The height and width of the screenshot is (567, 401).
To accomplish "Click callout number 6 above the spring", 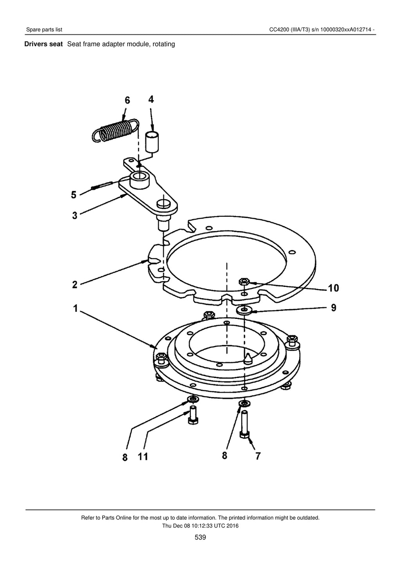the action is [127, 100].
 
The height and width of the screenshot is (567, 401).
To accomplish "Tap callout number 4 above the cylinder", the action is [151, 99].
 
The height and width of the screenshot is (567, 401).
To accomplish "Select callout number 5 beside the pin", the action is [74, 194].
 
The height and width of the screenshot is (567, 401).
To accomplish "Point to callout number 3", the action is [74, 215].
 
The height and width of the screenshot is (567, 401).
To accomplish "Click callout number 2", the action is [74, 284].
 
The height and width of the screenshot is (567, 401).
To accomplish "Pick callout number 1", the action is [76, 308].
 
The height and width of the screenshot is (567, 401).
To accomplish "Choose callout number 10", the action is [333, 288].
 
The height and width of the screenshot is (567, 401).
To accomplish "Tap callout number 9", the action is [334, 308].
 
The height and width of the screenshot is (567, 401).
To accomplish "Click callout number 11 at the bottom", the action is [143, 457].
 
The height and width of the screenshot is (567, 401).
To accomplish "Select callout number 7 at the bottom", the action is [258, 456].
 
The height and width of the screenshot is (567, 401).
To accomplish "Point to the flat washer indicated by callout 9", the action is [244, 310].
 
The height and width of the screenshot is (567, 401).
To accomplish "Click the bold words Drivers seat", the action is [43, 44].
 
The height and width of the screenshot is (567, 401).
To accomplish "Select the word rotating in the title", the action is [164, 44].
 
